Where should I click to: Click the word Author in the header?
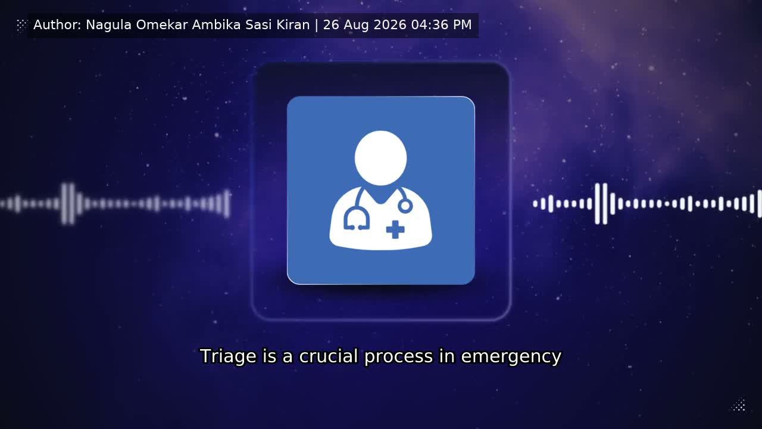57,25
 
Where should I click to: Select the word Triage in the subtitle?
228,356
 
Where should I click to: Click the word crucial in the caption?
328,356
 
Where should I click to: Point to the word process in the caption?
399,357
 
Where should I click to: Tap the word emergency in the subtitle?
511,357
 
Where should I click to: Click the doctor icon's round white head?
380,158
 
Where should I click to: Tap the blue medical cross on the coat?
395,229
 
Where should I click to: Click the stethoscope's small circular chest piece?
405,206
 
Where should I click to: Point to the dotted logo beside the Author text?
21,25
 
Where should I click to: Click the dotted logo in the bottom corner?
739,405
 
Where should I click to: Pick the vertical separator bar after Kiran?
317,25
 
